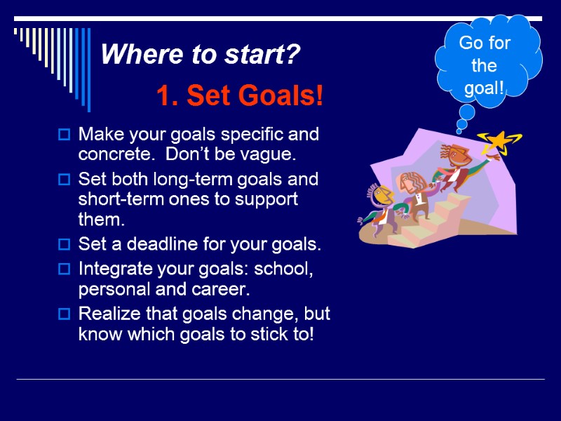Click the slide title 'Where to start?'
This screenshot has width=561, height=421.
click(201, 55)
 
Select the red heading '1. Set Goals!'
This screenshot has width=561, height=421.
click(240, 96)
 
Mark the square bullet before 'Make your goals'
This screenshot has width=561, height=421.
click(64, 133)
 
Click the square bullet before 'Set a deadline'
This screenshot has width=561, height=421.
click(64, 246)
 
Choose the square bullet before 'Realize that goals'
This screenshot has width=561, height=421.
click(64, 313)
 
